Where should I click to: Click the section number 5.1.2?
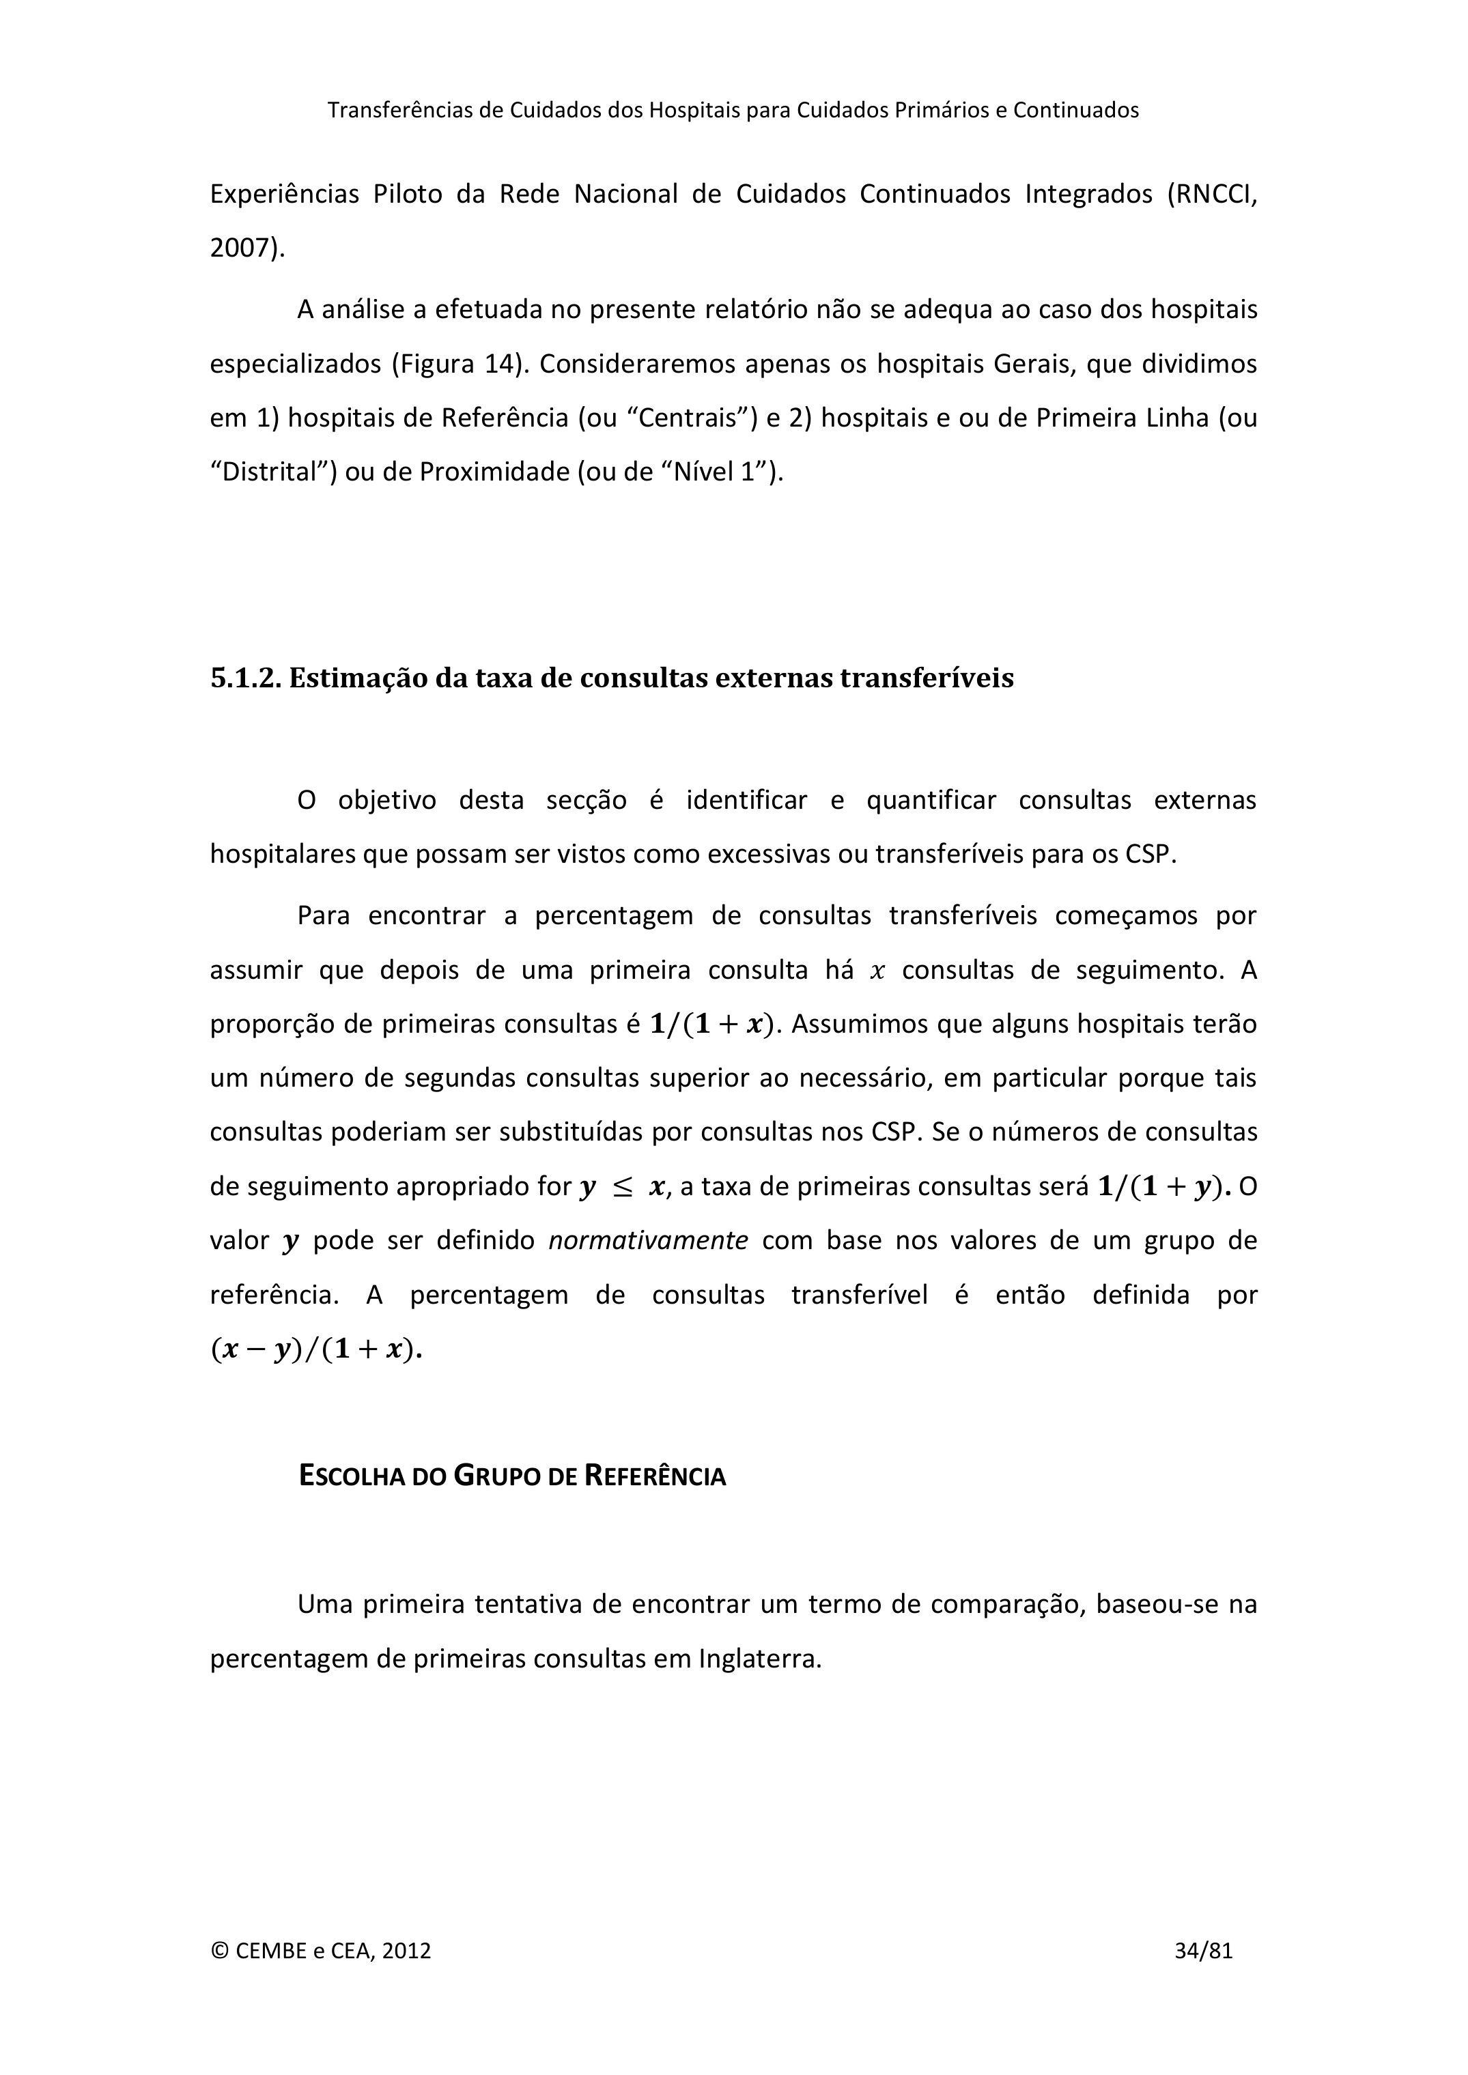click(245, 678)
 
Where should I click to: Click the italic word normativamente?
click(648, 1240)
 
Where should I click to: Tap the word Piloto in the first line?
click(408, 195)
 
